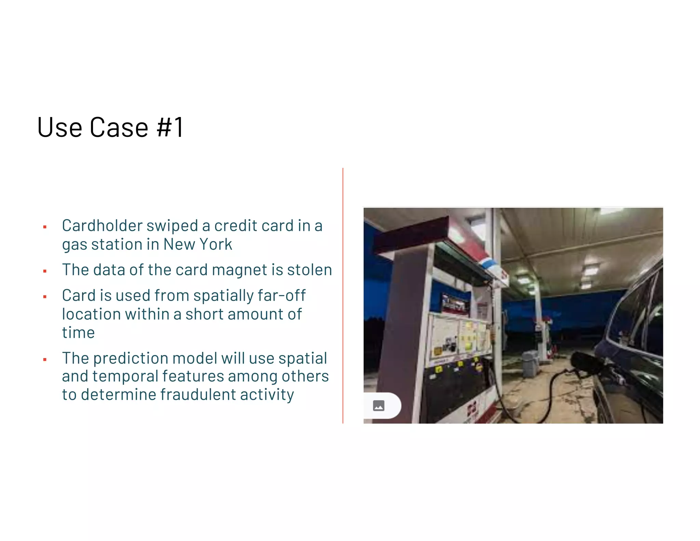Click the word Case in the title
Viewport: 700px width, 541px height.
(119, 127)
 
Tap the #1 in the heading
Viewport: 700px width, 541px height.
(170, 127)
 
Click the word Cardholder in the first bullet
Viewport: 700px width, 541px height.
(102, 226)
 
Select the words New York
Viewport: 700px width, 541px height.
(198, 245)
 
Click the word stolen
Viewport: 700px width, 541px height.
(309, 270)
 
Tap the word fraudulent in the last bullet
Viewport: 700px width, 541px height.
(198, 395)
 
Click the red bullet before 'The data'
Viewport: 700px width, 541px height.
(45, 271)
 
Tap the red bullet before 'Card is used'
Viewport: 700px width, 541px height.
(45, 297)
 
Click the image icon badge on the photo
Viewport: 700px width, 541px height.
(379, 406)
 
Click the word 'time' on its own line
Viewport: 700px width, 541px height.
(78, 333)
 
